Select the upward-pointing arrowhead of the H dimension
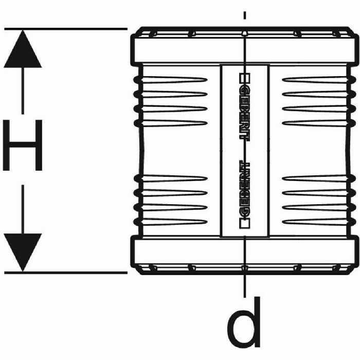point(22,49)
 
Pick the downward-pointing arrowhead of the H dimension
point(22,251)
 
